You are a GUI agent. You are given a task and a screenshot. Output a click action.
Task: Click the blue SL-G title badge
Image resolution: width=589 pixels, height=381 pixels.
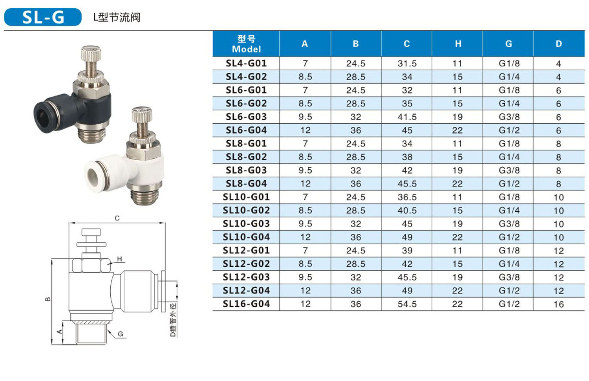(x=43, y=17)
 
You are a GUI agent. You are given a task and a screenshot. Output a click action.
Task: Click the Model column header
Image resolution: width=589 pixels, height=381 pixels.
(x=246, y=44)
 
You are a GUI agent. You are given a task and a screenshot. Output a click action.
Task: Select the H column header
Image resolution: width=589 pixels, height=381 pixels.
(x=458, y=44)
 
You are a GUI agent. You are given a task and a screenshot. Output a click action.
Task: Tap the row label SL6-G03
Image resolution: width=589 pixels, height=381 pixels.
(x=246, y=117)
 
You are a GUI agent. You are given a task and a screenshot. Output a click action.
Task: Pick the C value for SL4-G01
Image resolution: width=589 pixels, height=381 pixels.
(x=407, y=63)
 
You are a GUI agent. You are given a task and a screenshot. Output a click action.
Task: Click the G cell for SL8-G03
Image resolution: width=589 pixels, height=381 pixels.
(x=509, y=170)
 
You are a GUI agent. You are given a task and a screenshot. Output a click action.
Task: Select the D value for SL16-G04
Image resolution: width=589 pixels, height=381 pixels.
(x=558, y=304)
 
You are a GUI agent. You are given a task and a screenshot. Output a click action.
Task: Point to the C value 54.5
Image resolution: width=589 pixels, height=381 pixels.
(x=407, y=304)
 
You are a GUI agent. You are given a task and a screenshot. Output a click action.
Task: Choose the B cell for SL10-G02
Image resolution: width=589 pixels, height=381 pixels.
(x=355, y=211)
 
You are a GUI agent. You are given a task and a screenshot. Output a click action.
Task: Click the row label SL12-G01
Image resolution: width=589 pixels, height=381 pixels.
(x=246, y=250)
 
